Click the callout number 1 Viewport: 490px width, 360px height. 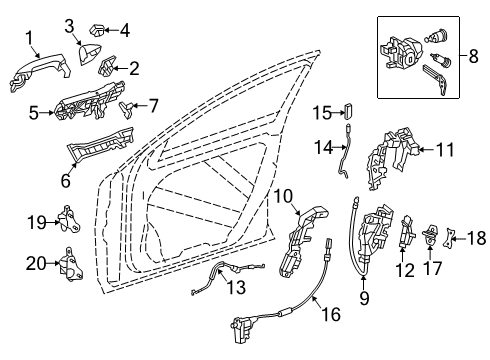30,38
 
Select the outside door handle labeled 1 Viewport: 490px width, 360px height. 40,73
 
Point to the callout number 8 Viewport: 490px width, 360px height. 473,56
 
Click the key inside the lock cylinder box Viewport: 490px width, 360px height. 436,79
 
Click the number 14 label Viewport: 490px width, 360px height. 324,147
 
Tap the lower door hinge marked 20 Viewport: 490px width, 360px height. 71,265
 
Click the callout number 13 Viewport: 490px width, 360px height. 236,287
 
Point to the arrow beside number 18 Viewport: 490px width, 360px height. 458,239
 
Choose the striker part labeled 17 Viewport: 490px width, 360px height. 430,235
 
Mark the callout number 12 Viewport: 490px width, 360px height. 405,270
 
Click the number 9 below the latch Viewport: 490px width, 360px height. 364,298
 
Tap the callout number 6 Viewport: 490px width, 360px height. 66,180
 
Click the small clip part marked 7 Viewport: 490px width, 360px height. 126,109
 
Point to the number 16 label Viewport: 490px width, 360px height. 331,314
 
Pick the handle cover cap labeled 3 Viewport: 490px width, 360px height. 89,54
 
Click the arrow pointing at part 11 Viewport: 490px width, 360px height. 427,150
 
